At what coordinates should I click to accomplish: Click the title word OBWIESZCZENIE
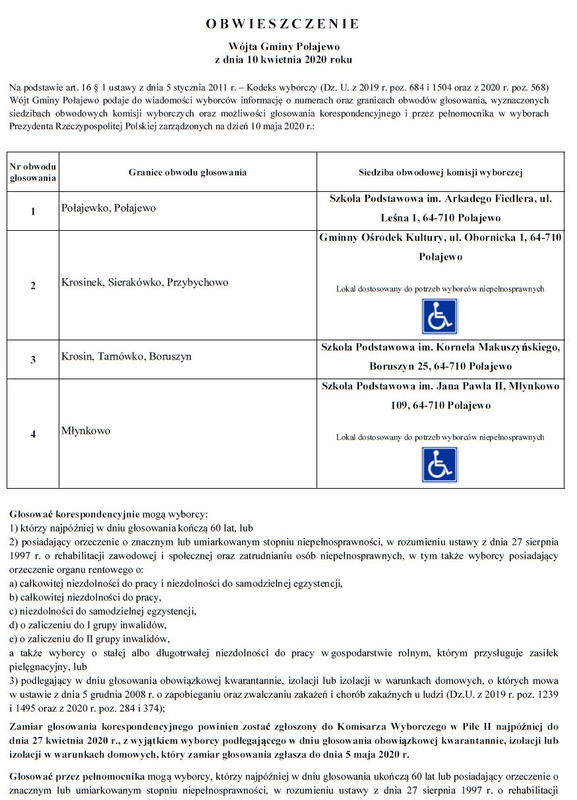point(283,24)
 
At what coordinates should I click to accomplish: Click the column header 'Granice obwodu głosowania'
point(187,173)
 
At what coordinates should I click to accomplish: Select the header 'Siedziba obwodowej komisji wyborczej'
point(440,173)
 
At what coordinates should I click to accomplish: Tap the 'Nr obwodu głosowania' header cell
point(32,172)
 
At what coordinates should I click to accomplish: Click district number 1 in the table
point(32,211)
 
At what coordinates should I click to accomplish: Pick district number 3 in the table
point(32,359)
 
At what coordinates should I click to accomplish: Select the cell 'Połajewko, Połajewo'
point(109,208)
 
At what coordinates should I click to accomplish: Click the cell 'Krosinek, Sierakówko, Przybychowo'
point(144,282)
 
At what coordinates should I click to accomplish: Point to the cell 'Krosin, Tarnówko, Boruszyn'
point(126,356)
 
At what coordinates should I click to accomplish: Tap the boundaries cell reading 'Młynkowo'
point(86,431)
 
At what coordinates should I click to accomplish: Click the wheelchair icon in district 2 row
point(440,317)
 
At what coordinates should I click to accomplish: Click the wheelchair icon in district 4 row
point(440,464)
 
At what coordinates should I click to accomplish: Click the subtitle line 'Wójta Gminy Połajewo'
point(283,47)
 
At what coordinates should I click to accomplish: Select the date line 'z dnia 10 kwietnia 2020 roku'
point(283,59)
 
